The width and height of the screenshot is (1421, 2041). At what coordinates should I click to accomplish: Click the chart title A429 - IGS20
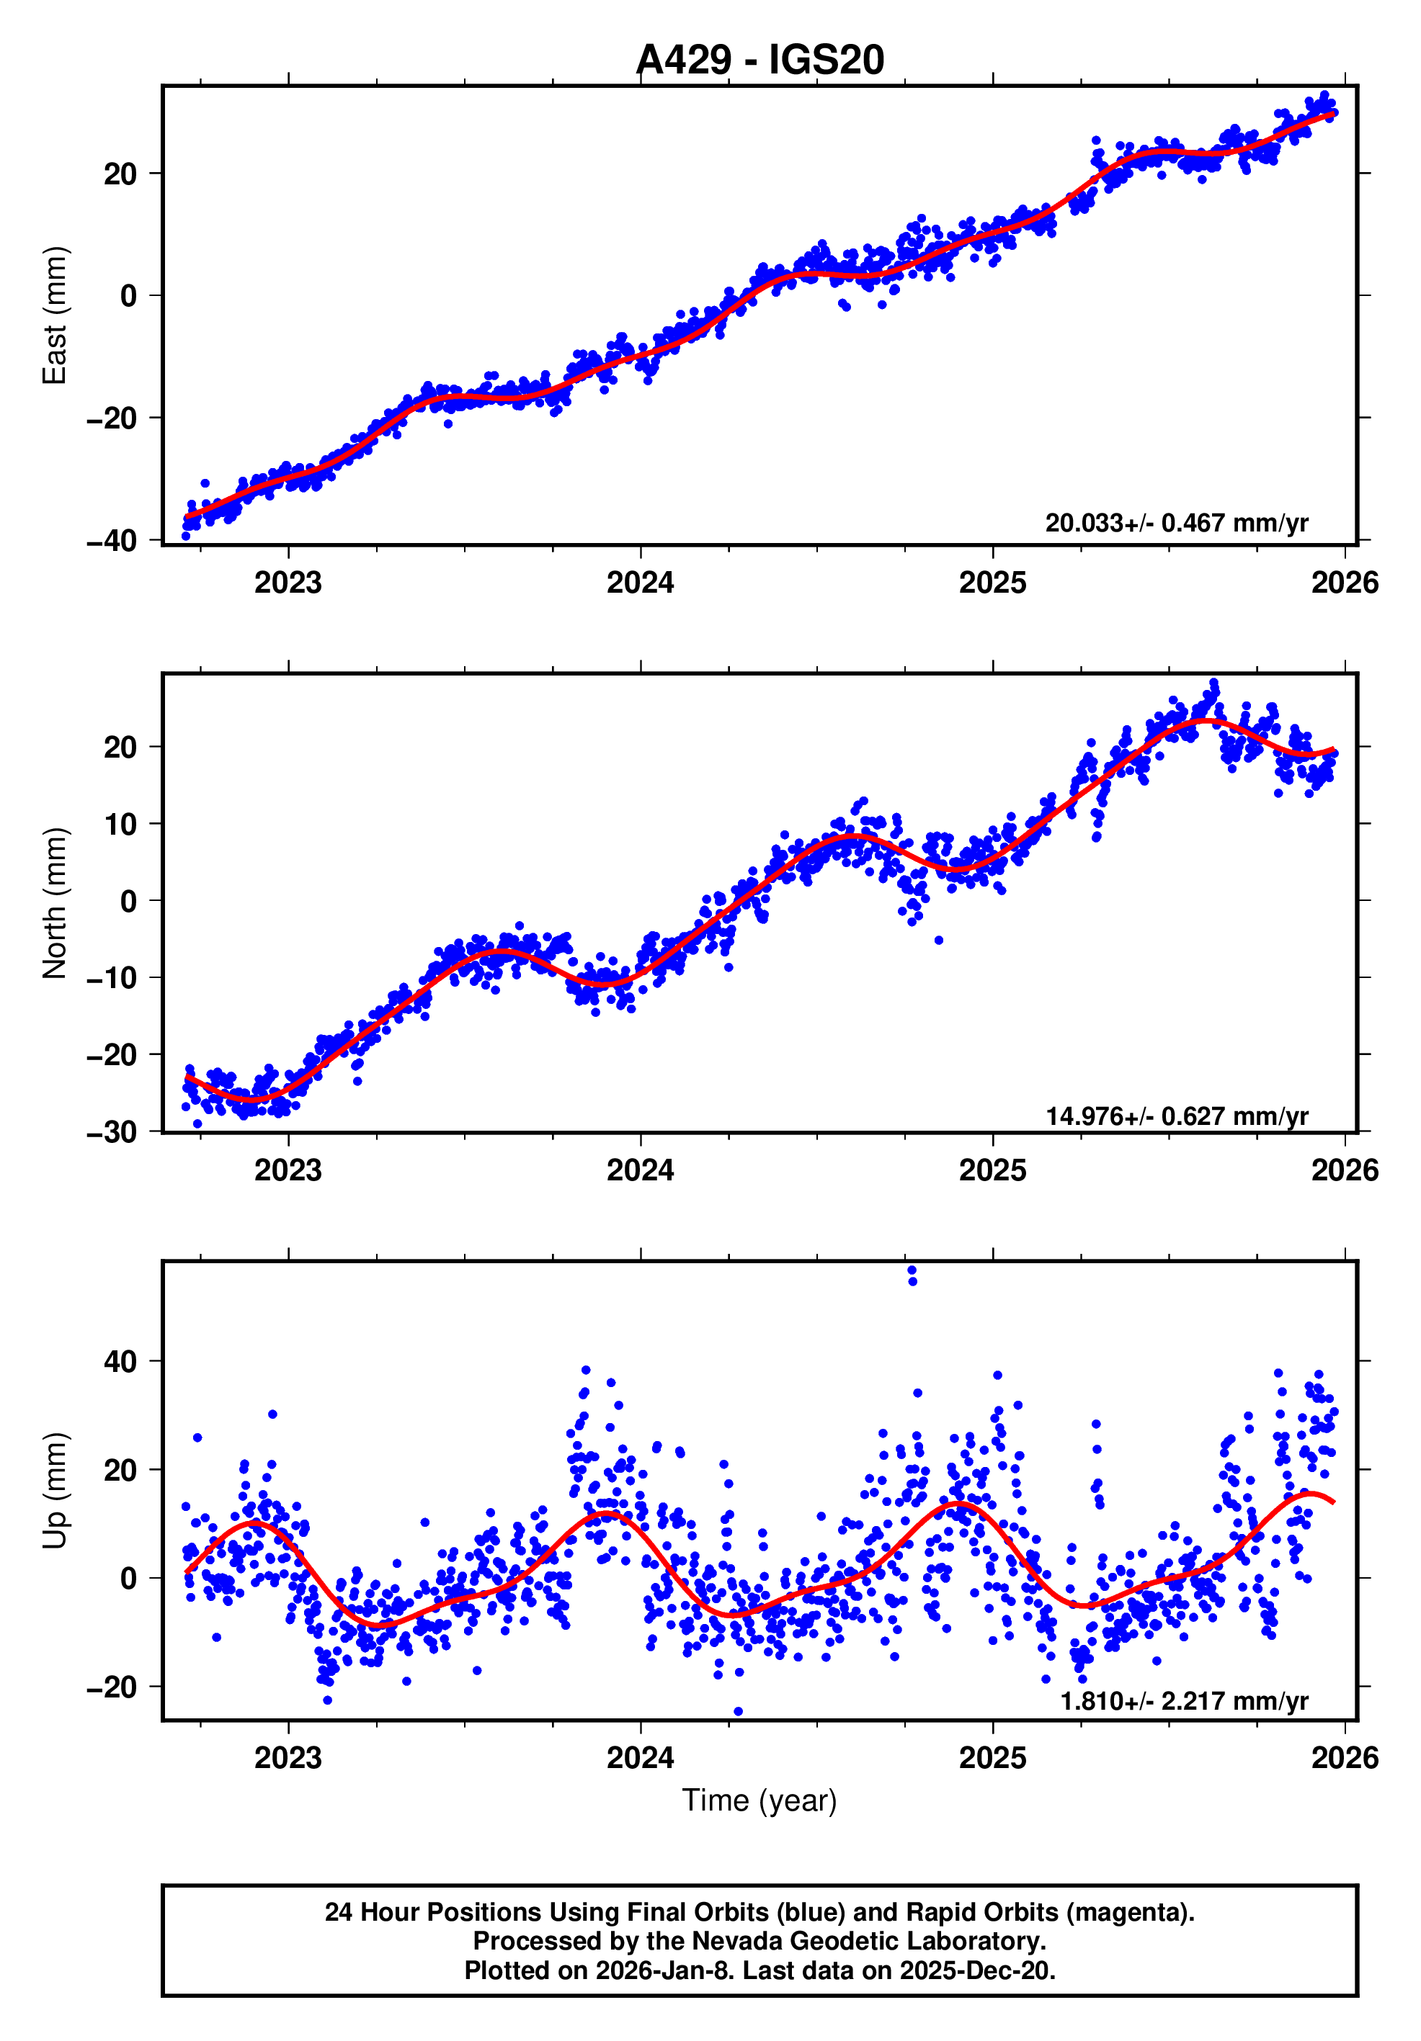(759, 60)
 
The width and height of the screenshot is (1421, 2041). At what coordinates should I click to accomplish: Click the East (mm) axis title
(55, 315)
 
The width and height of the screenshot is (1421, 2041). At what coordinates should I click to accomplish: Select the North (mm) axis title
(55, 903)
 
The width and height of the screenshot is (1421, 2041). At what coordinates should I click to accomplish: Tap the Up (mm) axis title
(55, 1491)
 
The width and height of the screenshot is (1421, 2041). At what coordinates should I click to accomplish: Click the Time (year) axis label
(759, 1800)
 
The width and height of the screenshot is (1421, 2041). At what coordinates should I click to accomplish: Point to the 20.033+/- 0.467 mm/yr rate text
(1175, 523)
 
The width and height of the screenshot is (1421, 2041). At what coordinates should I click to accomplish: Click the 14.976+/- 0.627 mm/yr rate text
(1175, 1116)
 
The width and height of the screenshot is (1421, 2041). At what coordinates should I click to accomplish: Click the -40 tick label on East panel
(112, 540)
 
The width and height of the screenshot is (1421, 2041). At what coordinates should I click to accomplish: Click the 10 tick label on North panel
(120, 824)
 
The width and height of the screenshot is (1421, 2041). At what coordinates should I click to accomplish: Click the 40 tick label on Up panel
(120, 1361)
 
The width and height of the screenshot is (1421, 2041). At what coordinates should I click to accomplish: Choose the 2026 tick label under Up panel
(1344, 1758)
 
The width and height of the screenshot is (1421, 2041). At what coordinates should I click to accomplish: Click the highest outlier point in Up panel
(912, 1271)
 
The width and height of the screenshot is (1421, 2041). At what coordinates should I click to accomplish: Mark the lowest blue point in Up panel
(737, 1710)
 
